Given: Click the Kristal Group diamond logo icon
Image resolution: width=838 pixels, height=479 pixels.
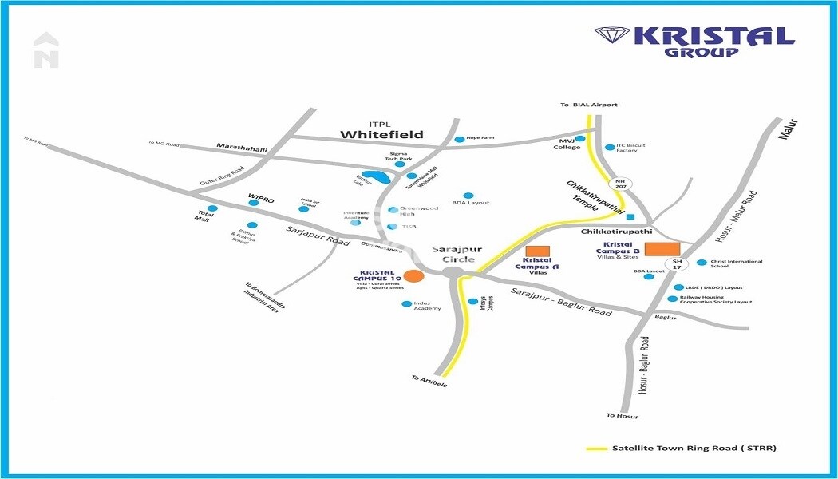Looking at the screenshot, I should pyautogui.click(x=611, y=35).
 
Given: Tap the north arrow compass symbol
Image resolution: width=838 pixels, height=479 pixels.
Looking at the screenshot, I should pyautogui.click(x=46, y=49).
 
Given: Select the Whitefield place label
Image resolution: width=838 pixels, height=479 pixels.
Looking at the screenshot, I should pyautogui.click(x=381, y=134).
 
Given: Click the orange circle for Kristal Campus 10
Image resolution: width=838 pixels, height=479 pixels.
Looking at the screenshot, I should pyautogui.click(x=413, y=276).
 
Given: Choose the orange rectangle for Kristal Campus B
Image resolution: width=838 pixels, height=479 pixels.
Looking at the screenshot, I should pyautogui.click(x=661, y=249).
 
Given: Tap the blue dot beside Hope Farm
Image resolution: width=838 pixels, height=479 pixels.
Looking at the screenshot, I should pyautogui.click(x=459, y=139).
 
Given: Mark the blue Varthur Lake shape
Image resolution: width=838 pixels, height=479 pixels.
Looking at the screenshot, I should pyautogui.click(x=371, y=175).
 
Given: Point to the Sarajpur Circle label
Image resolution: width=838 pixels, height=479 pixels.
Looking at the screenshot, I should pyautogui.click(x=453, y=254).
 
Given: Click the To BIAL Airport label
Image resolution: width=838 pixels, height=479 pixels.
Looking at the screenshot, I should pyautogui.click(x=590, y=105).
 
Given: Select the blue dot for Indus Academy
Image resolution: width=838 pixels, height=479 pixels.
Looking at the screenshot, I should pyautogui.click(x=406, y=304).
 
